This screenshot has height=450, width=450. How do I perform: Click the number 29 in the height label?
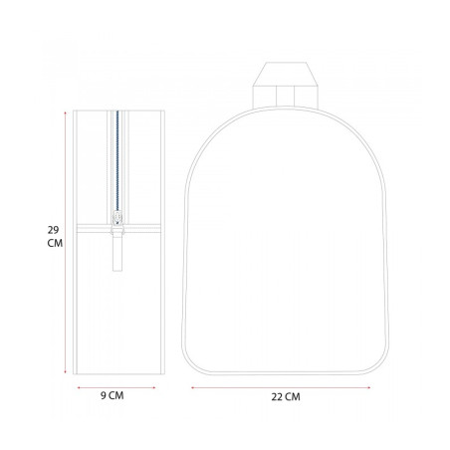pyautogui.click(x=53, y=230)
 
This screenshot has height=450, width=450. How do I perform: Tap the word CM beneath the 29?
pyautogui.click(x=55, y=243)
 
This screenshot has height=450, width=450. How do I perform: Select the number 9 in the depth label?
pyautogui.click(x=104, y=395)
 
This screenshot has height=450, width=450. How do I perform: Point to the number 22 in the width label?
pyautogui.click(x=277, y=397)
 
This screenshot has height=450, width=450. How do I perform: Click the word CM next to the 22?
pyautogui.click(x=293, y=397)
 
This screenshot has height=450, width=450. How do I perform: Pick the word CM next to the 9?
pyautogui.click(x=116, y=395)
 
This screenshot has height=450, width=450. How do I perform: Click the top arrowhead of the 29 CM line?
pyautogui.click(x=65, y=112)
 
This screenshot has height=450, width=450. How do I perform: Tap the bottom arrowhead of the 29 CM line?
pyautogui.click(x=65, y=372)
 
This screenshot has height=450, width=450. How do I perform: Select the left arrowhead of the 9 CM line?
pyautogui.click(x=79, y=387)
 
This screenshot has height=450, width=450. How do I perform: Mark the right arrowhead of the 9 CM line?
pyautogui.click(x=154, y=387)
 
